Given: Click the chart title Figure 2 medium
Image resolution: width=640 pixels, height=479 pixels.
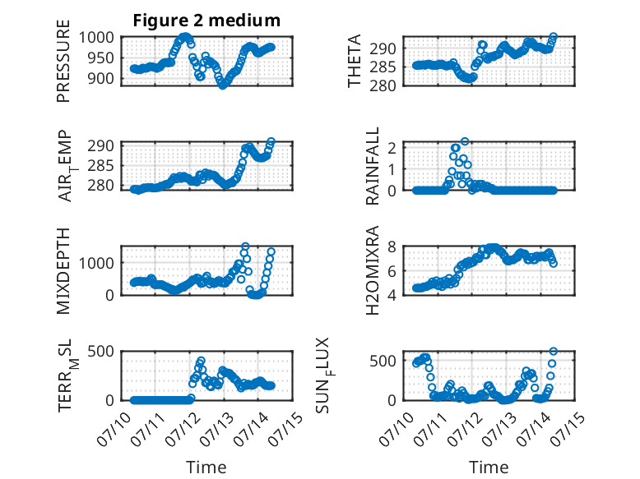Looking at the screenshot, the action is (206, 21).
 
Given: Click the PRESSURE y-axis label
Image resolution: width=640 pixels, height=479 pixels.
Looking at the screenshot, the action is (63, 61).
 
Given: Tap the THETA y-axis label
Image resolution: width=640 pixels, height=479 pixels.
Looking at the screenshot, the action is (355, 61).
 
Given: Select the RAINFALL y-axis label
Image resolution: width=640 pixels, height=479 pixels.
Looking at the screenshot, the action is (373, 166).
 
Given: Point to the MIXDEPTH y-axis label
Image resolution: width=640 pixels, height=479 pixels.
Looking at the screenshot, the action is (63, 271).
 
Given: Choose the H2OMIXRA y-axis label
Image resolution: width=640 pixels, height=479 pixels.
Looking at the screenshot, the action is (373, 270).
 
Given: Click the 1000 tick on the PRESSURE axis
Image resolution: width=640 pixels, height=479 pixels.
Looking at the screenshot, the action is (96, 38).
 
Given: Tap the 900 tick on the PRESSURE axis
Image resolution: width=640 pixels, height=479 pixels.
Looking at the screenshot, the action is (101, 78).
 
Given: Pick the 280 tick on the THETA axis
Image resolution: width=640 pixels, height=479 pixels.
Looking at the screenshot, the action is (383, 85).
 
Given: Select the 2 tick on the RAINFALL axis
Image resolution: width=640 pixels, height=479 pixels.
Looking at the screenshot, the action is (392, 148).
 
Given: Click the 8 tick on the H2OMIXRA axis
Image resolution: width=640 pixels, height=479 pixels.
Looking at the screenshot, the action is (392, 246).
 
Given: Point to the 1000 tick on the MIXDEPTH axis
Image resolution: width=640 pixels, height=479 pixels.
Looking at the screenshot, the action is (96, 263).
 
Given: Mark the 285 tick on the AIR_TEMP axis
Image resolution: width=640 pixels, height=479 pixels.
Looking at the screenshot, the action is (101, 165).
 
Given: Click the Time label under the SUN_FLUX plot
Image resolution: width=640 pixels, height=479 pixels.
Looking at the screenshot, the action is (489, 467).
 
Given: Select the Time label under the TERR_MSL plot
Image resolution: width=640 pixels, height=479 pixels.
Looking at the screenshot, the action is (206, 467).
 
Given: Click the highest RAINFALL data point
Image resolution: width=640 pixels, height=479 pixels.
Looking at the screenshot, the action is (465, 141).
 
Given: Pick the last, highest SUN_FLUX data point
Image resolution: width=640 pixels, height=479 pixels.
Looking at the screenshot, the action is (554, 352).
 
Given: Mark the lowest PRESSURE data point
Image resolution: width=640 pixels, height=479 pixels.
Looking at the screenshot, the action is (222, 85).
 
